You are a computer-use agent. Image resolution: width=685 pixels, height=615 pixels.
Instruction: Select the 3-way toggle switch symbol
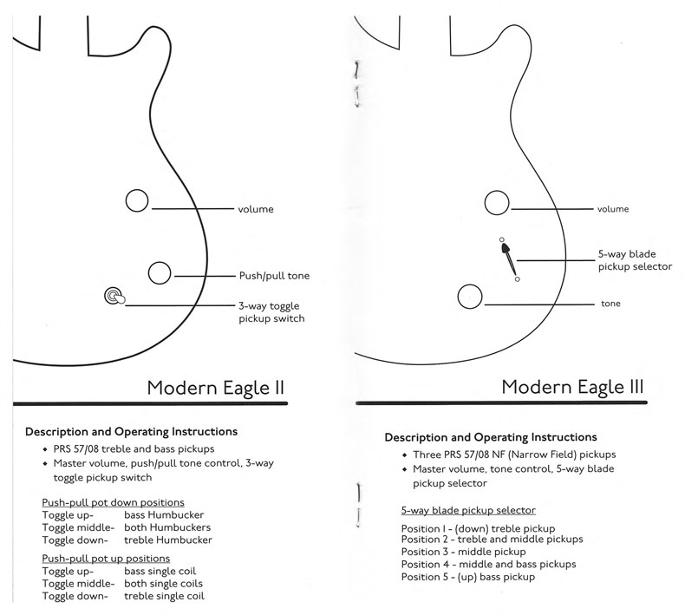pos(115,297)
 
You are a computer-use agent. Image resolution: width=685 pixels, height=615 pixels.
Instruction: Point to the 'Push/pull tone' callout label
pos(274,276)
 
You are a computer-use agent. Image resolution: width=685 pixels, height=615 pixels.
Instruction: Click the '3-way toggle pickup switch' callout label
pos(271,312)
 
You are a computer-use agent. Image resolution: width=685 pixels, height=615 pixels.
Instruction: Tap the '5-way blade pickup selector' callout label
pos(635,260)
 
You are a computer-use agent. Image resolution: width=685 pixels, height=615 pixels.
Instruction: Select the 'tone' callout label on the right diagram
pos(610,304)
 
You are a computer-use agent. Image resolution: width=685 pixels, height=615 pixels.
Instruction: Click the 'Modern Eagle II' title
pos(215,388)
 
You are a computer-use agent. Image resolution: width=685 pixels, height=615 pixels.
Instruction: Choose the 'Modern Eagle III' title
pos(573,387)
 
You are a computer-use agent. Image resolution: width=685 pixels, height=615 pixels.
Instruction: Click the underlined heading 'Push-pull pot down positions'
pos(113,502)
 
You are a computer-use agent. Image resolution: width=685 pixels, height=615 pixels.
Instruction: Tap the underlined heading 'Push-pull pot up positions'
pos(106,559)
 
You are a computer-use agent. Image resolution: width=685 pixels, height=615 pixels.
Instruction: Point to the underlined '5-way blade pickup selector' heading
pos(468,510)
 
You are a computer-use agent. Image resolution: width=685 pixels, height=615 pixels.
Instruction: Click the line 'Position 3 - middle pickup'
pos(464,552)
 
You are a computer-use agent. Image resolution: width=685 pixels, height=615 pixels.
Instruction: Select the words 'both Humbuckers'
pos(167,527)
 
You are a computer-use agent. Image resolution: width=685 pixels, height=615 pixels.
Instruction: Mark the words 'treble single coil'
pos(164,596)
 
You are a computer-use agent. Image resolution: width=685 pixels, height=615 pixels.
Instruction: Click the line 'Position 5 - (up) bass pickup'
pos(468,577)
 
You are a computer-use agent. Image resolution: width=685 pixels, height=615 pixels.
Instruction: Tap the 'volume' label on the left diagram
pos(256,209)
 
